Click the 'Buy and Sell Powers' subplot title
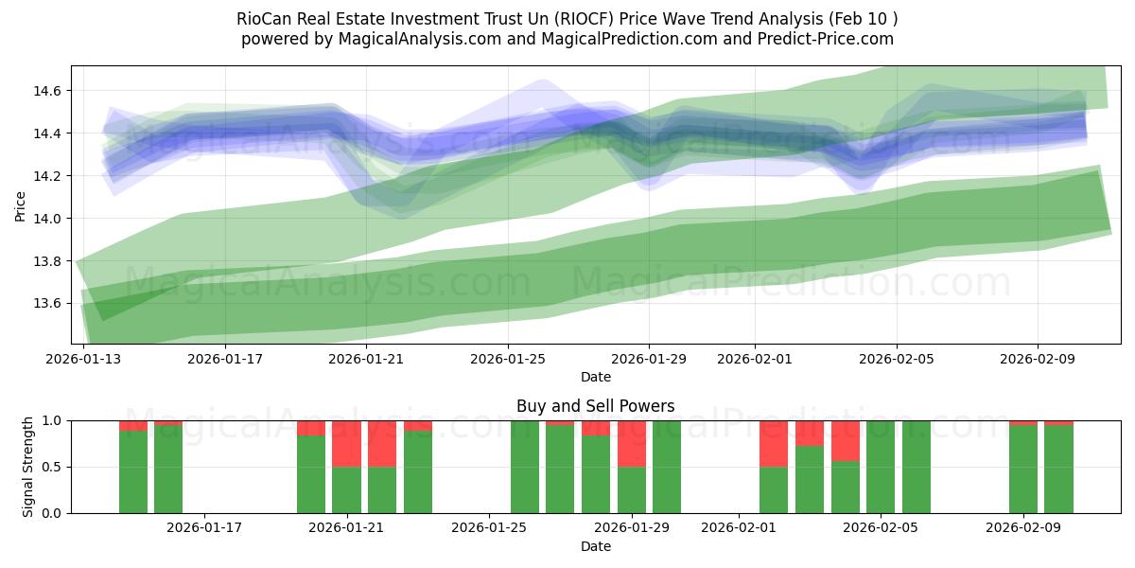tap(595, 406)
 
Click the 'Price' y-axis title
tap(21, 204)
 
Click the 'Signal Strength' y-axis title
tap(28, 467)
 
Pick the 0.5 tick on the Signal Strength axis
tap(52, 467)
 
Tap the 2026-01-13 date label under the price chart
tap(83, 360)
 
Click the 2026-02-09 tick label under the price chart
tap(1038, 360)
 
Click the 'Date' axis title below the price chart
tap(595, 377)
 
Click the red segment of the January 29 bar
tap(632, 443)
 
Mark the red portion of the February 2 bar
tap(774, 443)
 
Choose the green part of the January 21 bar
tap(347, 490)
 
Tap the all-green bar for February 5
tap(881, 467)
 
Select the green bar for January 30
tap(667, 467)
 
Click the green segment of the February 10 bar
tap(1058, 470)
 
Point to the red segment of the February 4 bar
tap(846, 440)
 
